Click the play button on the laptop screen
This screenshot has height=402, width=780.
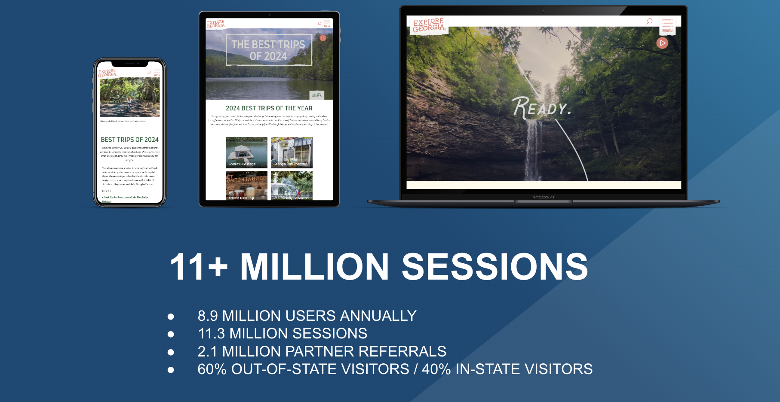662,43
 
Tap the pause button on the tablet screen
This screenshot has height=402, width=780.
323,38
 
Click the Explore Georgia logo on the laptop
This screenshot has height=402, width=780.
428,25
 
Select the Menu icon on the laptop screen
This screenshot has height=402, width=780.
667,25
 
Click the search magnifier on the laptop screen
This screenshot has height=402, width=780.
649,21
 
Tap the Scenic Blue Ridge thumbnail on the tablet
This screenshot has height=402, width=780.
246,152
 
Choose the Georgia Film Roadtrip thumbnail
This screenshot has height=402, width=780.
292,152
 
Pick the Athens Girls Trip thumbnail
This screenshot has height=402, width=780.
246,186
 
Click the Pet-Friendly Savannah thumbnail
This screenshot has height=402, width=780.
292,186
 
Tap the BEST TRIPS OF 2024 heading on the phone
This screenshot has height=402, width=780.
129,140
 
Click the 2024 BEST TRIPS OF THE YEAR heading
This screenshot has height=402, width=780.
269,108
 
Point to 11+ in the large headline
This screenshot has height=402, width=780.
199,267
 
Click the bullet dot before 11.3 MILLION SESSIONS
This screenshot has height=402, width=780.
171,334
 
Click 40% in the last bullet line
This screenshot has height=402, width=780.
436,369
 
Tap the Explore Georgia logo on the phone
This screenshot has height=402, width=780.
107,73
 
